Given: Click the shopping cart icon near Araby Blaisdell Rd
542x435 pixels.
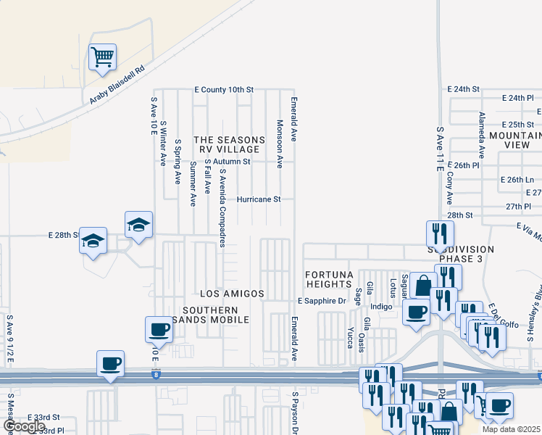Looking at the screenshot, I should (103, 57).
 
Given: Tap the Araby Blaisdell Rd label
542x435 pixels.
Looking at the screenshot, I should (117, 86).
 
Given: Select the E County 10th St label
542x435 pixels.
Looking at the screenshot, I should (223, 89).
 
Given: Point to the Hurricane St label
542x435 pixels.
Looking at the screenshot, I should (259, 199).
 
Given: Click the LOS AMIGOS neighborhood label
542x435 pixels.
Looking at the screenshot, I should (232, 294).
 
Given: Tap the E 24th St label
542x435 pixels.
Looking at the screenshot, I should (464, 88).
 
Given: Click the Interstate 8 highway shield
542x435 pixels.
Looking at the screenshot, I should (156, 375).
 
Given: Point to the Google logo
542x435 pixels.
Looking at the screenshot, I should (25, 426).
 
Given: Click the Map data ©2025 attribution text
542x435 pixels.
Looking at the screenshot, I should (512, 429).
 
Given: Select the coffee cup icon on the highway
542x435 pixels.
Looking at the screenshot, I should (110, 362).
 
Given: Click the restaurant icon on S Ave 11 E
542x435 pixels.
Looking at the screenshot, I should (439, 233).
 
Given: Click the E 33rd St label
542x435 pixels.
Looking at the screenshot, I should (43, 418).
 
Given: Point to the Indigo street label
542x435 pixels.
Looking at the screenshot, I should (381, 307).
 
